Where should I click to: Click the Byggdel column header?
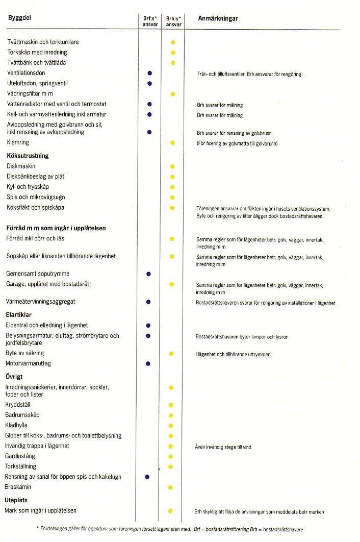[x=18, y=18]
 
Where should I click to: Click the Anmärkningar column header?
[x=218, y=18]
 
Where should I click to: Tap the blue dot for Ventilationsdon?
[x=149, y=73]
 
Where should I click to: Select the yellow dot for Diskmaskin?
[x=172, y=166]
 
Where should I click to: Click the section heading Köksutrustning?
[x=28, y=156]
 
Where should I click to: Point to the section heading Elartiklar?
[x=19, y=314]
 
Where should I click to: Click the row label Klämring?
[x=18, y=142]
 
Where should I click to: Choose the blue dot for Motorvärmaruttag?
[x=148, y=363]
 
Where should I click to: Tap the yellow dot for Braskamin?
[x=171, y=487]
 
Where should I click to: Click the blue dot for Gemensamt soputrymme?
[x=148, y=274]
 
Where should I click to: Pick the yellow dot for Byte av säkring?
[x=171, y=353]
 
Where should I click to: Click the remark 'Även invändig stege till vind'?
[x=223, y=447]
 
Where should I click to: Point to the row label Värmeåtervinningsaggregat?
[x=40, y=302]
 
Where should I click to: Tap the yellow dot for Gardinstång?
[x=171, y=456]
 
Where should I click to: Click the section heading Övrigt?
[x=14, y=377]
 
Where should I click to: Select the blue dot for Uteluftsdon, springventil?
[x=149, y=83]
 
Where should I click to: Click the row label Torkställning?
[x=21, y=466]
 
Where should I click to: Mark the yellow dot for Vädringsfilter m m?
[x=173, y=94]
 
